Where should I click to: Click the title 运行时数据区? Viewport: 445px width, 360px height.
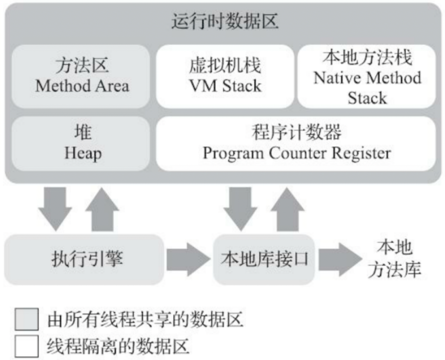(225, 23)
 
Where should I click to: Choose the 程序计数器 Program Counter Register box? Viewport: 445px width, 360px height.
(296, 144)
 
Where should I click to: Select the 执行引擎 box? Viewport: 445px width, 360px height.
(85, 260)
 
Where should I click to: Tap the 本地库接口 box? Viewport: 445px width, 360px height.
(264, 260)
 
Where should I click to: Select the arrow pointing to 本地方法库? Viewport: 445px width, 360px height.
(338, 260)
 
